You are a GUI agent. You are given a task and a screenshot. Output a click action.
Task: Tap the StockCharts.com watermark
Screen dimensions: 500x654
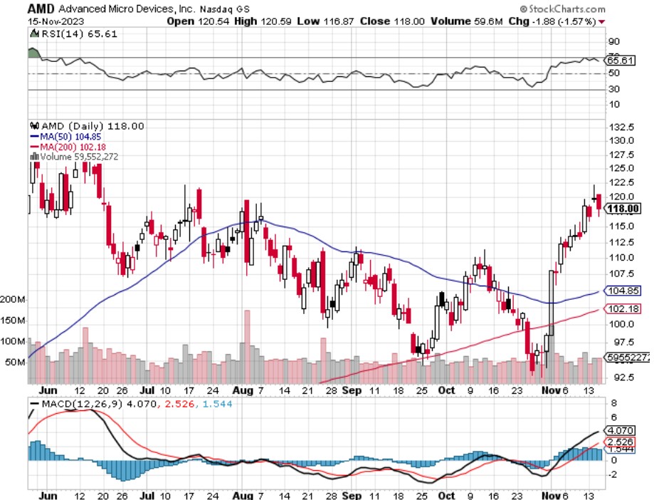(567, 9)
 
